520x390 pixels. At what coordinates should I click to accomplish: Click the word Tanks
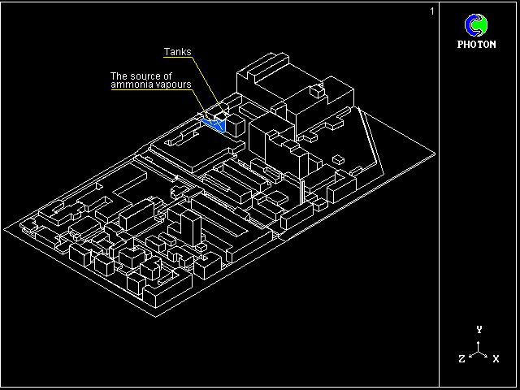(178, 52)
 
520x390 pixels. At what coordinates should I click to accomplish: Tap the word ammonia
(131, 84)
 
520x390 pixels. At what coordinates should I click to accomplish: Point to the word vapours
(172, 84)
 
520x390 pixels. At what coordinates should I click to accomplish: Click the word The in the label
(119, 76)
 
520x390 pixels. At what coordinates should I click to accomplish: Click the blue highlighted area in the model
(214, 125)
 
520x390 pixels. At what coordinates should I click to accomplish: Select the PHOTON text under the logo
(476, 45)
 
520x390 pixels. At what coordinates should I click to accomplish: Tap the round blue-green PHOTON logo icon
(476, 25)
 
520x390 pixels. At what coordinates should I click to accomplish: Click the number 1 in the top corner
(432, 11)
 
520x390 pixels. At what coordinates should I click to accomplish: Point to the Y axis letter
(479, 329)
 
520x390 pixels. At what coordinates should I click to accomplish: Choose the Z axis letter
(461, 358)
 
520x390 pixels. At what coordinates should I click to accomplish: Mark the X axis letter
(496, 358)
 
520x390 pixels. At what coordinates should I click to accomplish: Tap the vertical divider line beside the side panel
(440, 195)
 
